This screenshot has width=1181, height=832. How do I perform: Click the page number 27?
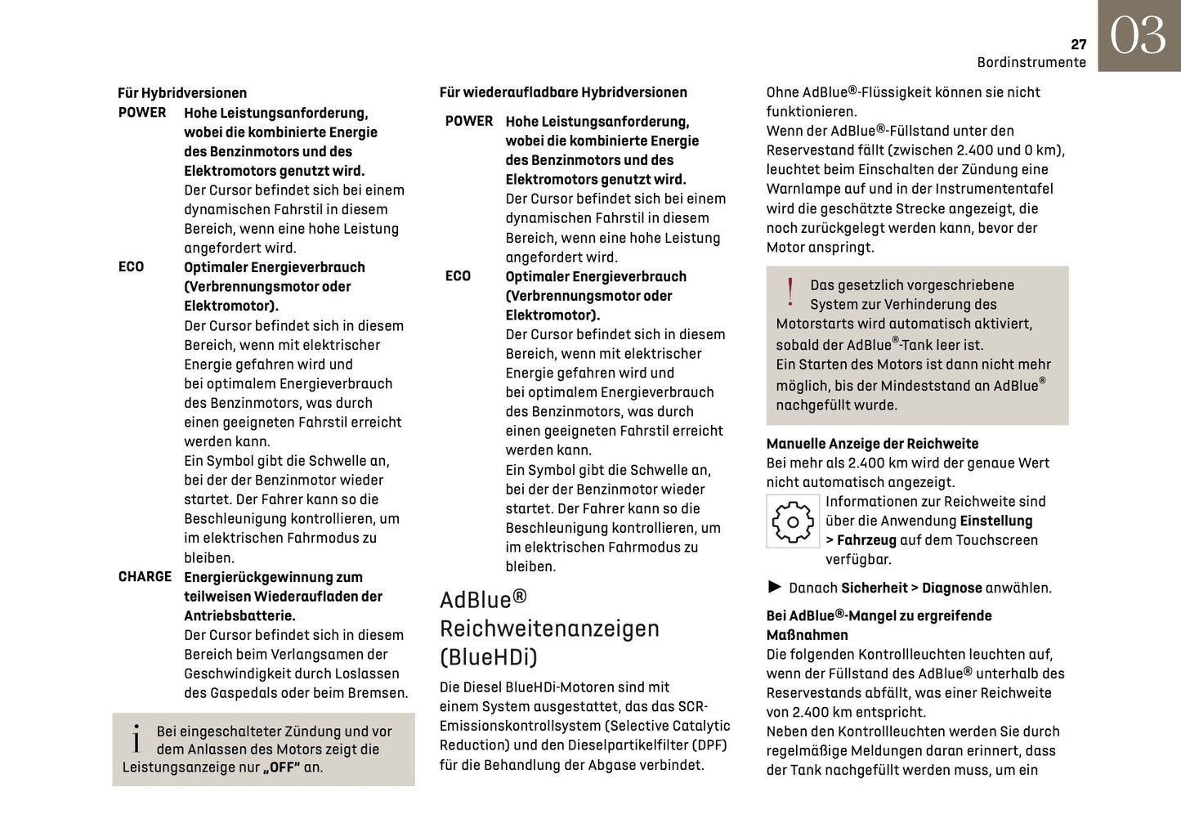1078,44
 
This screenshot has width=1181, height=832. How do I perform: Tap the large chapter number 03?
1138,37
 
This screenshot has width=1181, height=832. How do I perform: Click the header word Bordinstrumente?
1031,63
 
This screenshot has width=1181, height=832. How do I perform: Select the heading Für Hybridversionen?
182,93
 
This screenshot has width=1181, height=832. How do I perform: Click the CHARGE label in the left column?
145,577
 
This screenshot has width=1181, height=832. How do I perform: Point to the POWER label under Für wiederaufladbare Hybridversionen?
469,121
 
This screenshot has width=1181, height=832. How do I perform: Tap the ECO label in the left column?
131,267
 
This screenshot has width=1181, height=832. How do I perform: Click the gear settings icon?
792,521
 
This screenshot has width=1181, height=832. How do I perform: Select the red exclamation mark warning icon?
790,293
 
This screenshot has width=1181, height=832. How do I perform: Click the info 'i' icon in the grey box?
136,739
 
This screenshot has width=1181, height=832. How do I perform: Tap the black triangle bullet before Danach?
775,587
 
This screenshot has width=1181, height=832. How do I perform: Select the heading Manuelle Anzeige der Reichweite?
872,444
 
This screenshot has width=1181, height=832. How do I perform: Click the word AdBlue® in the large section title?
483,600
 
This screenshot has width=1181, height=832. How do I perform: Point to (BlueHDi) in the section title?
489,657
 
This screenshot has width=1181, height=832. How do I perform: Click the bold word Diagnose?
951,588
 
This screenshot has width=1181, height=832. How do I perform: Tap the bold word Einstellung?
995,521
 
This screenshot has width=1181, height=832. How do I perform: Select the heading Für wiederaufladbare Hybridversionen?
563,92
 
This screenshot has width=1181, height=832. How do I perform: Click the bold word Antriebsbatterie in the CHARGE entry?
238,616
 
